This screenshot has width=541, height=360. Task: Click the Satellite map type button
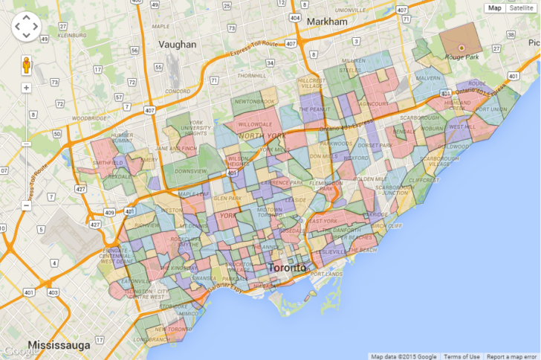[522, 8]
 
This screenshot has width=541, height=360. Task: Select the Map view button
[495, 8]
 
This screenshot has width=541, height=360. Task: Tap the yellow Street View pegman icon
[26, 65]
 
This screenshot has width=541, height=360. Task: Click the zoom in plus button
[26, 88]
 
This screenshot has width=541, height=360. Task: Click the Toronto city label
[286, 267]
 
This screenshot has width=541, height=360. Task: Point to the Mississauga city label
[59, 345]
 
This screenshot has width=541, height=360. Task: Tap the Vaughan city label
[178, 44]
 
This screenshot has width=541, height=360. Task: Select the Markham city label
[326, 22]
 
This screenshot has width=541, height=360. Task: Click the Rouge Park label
[460, 55]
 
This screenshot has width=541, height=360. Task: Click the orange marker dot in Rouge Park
[461, 47]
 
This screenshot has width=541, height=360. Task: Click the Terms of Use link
[461, 356]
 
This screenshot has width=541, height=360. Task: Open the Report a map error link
[513, 356]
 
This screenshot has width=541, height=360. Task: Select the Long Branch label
[152, 339]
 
